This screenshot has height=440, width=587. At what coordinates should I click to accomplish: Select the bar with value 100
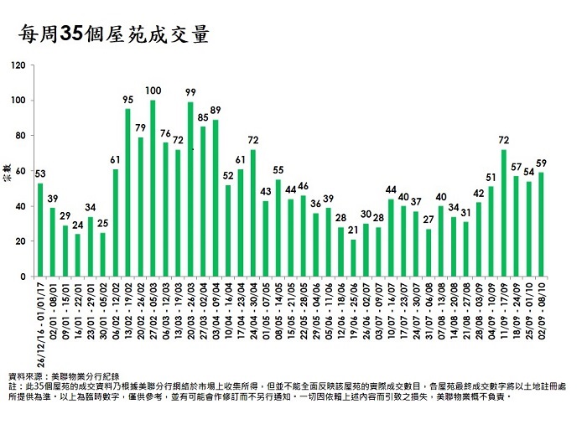(153, 189)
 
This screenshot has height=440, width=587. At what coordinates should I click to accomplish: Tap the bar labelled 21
(353, 258)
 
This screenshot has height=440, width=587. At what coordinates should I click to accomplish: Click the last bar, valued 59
(542, 225)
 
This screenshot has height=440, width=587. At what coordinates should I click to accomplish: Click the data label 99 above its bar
(190, 92)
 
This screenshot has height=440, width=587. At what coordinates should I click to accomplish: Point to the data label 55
(278, 170)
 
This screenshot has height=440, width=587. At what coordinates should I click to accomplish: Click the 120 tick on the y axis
(18, 65)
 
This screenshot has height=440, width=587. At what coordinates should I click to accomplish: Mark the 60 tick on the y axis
(20, 171)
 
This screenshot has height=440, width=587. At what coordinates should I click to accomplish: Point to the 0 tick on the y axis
(23, 277)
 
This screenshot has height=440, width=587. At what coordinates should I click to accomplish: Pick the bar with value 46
(303, 236)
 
